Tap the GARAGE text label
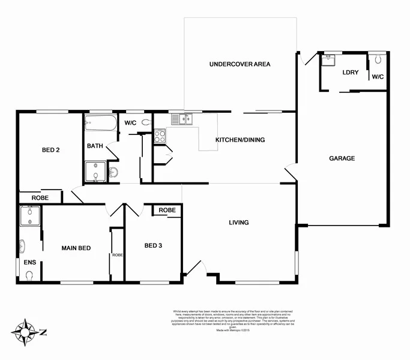342,158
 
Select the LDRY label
350,73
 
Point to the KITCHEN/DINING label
240,140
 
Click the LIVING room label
238,223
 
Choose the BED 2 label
50,149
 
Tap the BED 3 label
153,245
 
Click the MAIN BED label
76,248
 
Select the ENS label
29,262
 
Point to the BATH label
95,146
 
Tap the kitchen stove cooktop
160,136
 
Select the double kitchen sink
182,119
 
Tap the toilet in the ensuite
28,275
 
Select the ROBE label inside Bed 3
167,210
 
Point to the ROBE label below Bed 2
40,197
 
